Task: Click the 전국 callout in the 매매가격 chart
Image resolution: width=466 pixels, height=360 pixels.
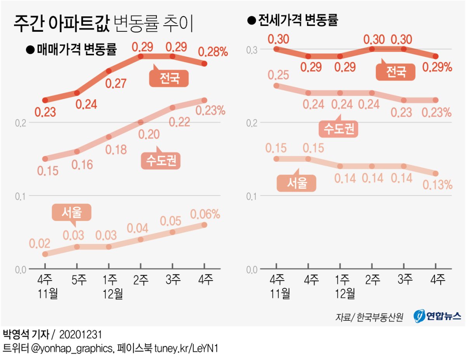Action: click(169, 79)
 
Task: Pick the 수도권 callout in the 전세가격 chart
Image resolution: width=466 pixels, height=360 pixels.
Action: click(338, 129)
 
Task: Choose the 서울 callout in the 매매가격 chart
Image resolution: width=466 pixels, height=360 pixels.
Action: click(72, 212)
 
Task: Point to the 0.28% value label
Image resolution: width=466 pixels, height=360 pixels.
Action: click(213, 51)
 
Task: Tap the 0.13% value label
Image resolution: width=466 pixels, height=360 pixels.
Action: click(437, 185)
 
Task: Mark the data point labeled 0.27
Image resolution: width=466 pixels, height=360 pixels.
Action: click(109, 71)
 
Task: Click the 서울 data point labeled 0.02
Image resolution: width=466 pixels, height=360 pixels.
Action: click(45, 254)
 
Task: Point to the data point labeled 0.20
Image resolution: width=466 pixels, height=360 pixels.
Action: click(141, 122)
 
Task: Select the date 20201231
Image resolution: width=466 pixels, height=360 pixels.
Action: click(81, 334)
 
